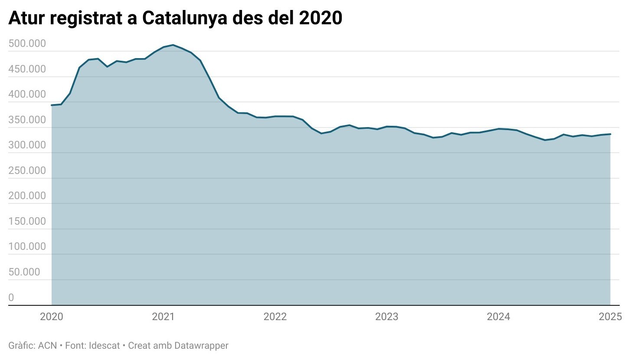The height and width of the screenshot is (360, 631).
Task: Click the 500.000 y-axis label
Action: pos(27,44)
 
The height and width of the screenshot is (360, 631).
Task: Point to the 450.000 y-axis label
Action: pos(27,69)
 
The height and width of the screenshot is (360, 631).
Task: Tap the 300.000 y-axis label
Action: pos(27,145)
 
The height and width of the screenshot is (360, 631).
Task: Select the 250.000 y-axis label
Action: pos(27,171)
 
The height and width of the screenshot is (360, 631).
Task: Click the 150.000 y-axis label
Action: pos(27,222)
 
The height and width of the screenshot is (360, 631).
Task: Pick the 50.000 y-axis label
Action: pos(24,272)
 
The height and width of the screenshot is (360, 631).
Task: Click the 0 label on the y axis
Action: pos(11,298)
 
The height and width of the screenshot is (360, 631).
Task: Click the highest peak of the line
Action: pos(173,45)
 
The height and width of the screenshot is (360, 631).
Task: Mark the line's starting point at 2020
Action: pos(52,105)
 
